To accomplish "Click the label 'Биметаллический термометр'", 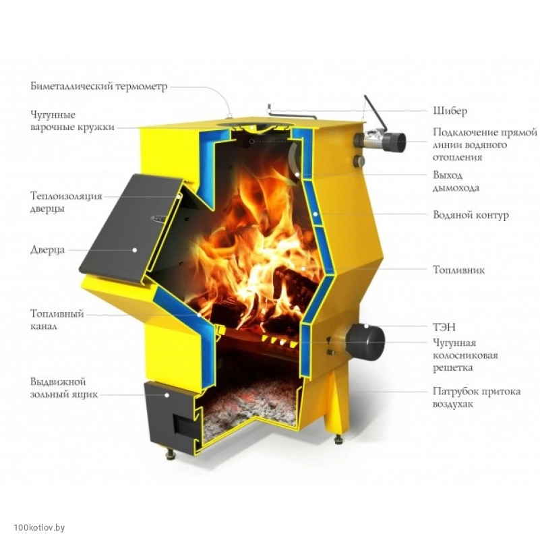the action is coord(99,86).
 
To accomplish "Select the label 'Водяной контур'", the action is coord(471,215).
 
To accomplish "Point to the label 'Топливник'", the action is coord(458,269).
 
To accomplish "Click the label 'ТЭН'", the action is coord(444,327).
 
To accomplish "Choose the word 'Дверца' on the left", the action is coord(47,249).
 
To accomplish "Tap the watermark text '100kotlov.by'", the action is coord(39,527).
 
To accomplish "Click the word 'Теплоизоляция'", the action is coord(67,196).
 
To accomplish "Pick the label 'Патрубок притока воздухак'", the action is coord(477,398).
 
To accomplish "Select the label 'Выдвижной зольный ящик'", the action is coord(64,388).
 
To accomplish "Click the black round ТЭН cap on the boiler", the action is coord(366,342).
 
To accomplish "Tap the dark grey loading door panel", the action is coord(129,229).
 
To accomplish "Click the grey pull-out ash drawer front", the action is coord(171,414).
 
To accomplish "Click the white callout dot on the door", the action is coord(135,249).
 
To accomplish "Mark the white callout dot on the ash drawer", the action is coord(167,395).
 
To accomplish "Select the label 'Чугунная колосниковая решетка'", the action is coord(465,355).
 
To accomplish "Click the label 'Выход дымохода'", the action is coord(456,181).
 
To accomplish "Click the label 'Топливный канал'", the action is coord(57,320).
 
